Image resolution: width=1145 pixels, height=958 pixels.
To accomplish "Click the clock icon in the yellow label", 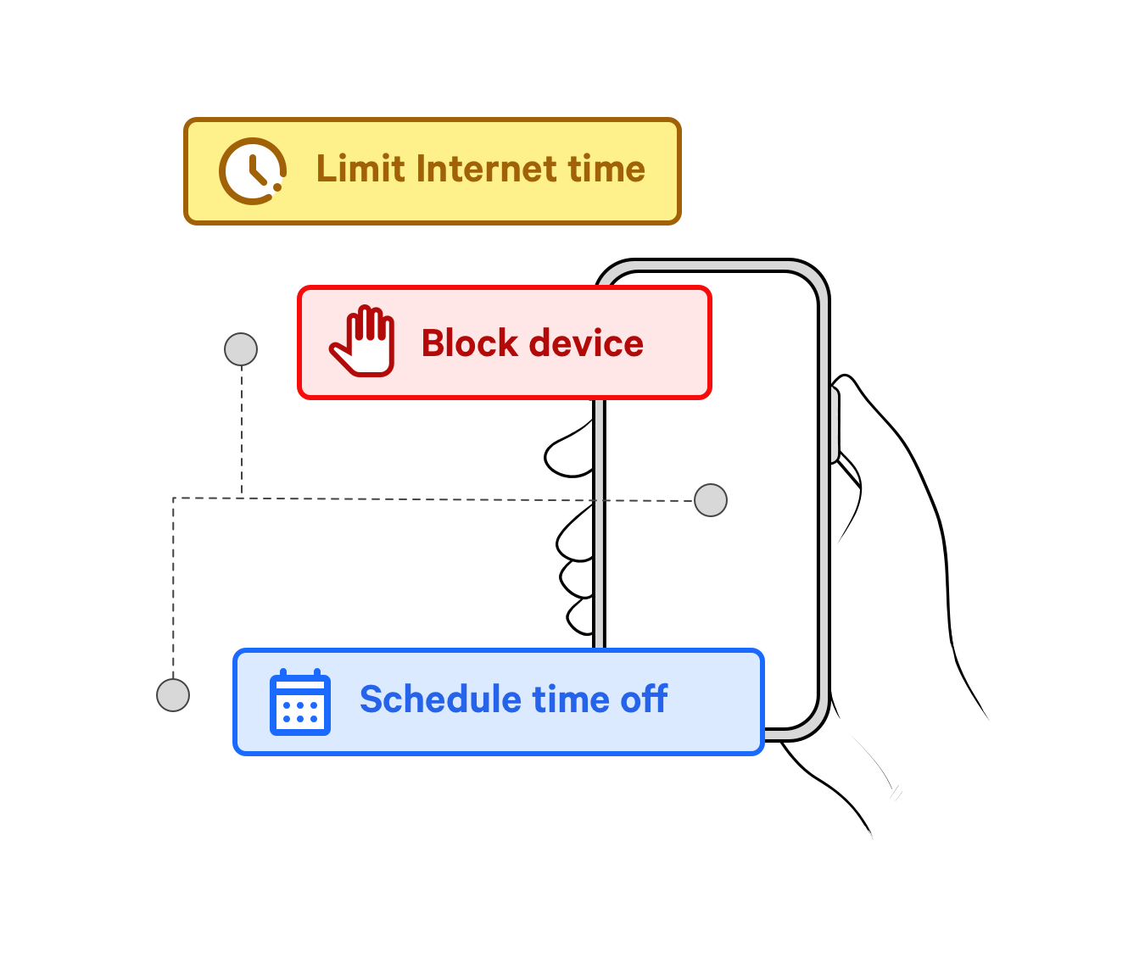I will click(252, 171).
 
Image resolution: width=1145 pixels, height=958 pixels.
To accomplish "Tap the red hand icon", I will click(363, 342).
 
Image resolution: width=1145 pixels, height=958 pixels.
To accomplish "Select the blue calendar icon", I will click(299, 702).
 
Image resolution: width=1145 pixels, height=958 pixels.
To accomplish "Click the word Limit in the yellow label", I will click(360, 169).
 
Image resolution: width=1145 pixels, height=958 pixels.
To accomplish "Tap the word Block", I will click(469, 343).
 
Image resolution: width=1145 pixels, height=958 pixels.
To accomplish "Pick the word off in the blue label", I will click(644, 699).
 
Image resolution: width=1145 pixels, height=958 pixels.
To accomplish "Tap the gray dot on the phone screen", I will click(711, 500).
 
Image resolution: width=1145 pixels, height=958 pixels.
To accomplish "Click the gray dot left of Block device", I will click(241, 349).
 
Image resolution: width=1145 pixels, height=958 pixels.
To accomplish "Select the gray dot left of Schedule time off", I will click(173, 695).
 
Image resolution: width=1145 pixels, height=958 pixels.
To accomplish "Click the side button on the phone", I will click(835, 424).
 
